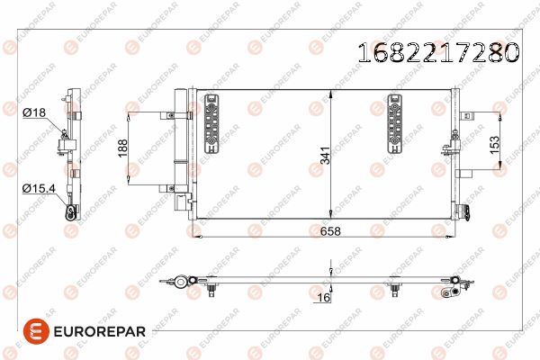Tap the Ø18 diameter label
tap(34, 112)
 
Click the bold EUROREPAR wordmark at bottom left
tap(91, 331)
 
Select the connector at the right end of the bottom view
tap(457, 288)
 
